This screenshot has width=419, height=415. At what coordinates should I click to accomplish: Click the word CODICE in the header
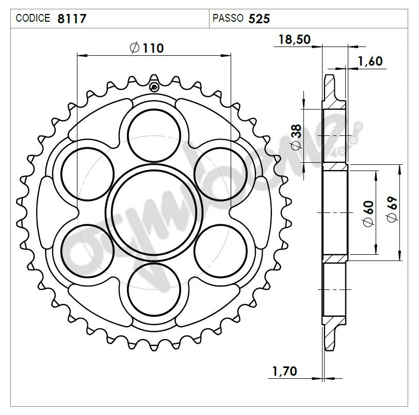pos(33,18)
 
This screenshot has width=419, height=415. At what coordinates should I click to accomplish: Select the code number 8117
pos(72,19)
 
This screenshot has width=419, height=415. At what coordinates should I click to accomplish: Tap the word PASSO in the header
pos(228,18)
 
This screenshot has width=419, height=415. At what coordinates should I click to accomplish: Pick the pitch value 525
pos(259,19)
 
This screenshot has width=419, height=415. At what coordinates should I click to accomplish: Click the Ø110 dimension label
pos(147,48)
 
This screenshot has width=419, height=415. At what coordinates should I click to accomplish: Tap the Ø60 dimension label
pos(367,213)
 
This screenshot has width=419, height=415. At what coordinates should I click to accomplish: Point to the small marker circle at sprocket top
pos(154,86)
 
